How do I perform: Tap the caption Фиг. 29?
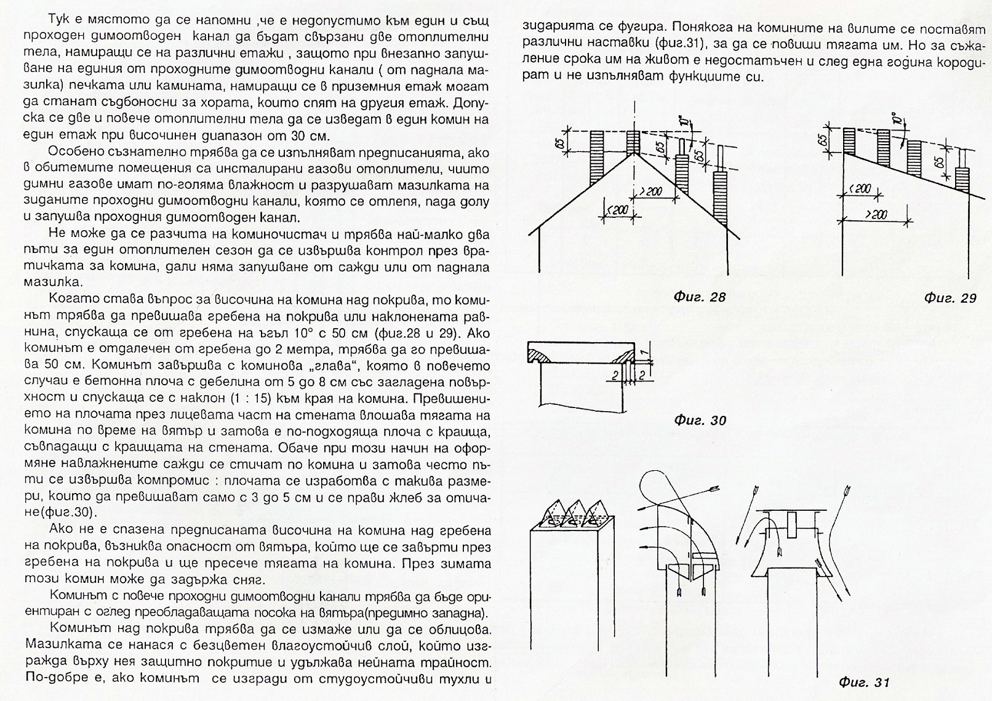click(950, 298)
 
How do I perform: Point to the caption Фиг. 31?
click(864, 683)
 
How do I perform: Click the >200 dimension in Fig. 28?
click(650, 191)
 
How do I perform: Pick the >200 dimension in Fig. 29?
click(876, 214)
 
